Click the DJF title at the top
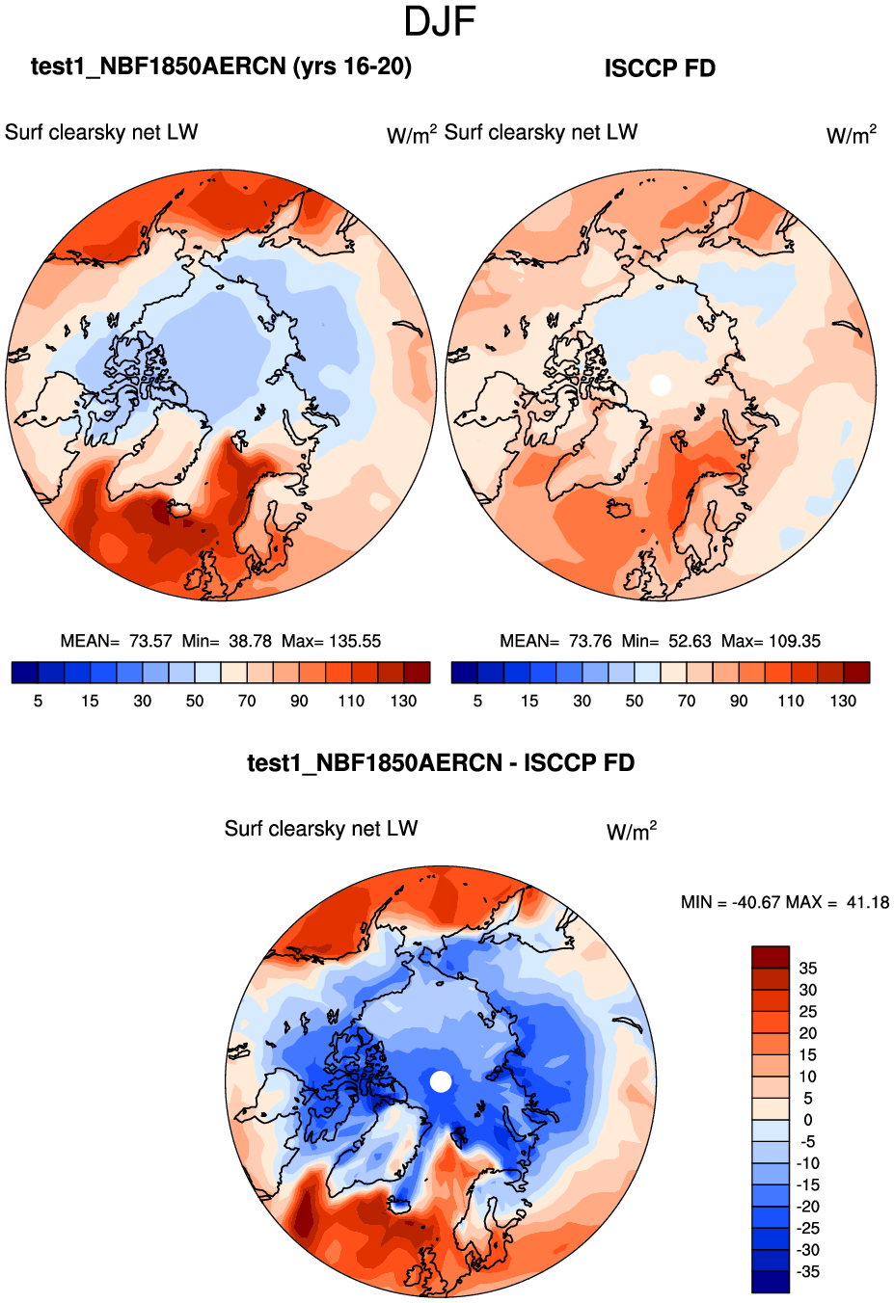pyautogui.click(x=440, y=22)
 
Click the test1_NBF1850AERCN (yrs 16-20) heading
pyautogui.click(x=221, y=66)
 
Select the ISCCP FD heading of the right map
pyautogui.click(x=660, y=68)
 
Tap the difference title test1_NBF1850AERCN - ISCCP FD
pyautogui.click(x=441, y=763)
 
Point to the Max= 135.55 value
pyautogui.click(x=331, y=641)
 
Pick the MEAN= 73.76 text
pyautogui.click(x=555, y=641)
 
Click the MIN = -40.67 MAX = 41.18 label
pyautogui.click(x=784, y=902)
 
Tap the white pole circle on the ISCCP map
pyautogui.click(x=661, y=385)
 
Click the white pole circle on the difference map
pyautogui.click(x=441, y=1081)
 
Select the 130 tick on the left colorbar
pyautogui.click(x=403, y=701)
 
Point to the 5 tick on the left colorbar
pyautogui.click(x=39, y=701)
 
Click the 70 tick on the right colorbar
pyautogui.click(x=687, y=701)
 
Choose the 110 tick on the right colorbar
pyautogui.click(x=791, y=701)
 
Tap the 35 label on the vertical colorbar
pyautogui.click(x=807, y=968)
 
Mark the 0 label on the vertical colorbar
pyautogui.click(x=807, y=1120)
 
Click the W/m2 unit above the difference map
pyautogui.click(x=632, y=832)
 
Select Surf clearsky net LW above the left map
pyautogui.click(x=101, y=132)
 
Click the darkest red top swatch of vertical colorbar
pyautogui.click(x=771, y=957)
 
